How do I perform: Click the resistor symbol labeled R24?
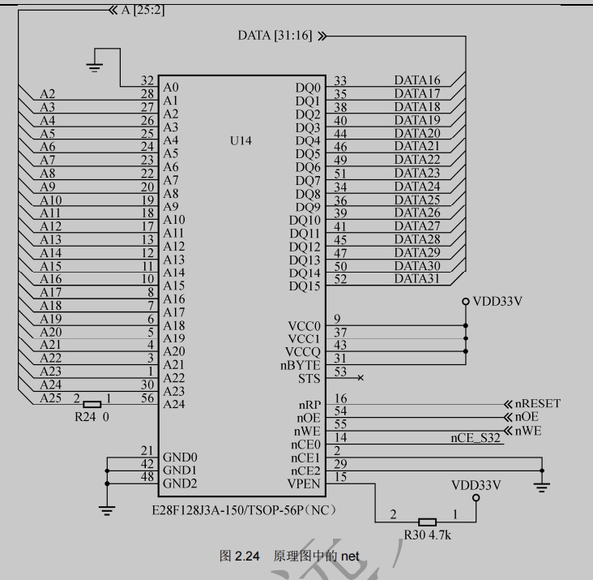tap(92, 403)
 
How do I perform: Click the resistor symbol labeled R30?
tap(427, 522)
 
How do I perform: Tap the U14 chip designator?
tap(241, 140)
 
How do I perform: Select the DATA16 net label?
tap(417, 80)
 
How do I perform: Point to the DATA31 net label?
tap(417, 279)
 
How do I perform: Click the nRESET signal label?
tap(537, 403)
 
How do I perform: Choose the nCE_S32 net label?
tap(476, 438)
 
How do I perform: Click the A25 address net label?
tap(50, 398)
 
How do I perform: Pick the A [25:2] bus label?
tap(143, 10)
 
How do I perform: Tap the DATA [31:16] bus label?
tap(276, 36)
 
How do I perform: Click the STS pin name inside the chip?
tap(309, 379)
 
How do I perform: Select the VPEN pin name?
tap(304, 484)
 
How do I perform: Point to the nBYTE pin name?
tap(302, 366)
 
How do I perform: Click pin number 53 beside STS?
tap(340, 372)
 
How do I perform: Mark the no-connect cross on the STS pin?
tap(360, 378)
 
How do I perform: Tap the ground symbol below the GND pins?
tap(106, 509)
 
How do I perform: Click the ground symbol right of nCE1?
tap(542, 485)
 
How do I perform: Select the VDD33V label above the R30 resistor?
tap(476, 485)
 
